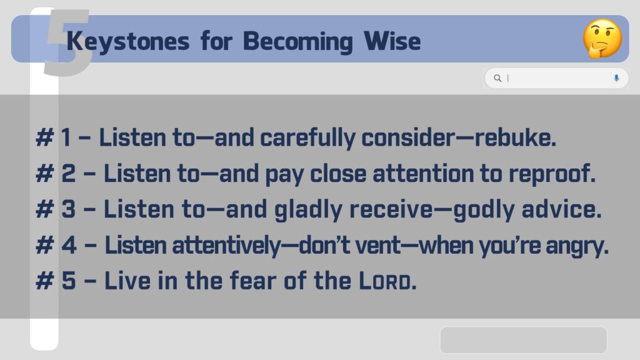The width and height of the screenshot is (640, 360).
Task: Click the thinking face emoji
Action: tap(602, 38)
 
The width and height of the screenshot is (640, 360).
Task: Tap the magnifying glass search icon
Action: tap(497, 78)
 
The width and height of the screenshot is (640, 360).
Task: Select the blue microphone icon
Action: tap(616, 78)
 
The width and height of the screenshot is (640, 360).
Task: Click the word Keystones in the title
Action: tap(127, 42)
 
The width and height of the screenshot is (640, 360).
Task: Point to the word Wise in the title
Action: tap(392, 41)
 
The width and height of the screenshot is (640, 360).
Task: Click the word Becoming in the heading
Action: tap(297, 42)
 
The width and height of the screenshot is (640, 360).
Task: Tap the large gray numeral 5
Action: tap(67, 42)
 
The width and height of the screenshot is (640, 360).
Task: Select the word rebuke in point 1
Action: tap(515, 137)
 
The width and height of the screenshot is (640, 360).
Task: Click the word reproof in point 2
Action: tap(552, 174)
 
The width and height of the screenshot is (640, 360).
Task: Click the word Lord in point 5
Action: tap(387, 281)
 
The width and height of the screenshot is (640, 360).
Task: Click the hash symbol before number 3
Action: tap(44, 209)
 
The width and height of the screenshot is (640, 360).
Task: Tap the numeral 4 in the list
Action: tap(69, 245)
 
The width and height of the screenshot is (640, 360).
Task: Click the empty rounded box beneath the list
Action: tap(524, 339)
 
